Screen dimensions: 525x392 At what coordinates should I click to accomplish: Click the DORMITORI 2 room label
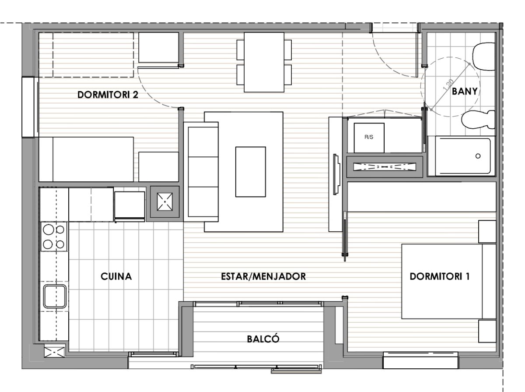108,95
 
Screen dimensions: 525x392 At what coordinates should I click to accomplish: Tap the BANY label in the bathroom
465,91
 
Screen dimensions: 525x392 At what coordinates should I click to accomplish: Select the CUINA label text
116,276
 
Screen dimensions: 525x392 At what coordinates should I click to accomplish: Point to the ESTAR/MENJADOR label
263,276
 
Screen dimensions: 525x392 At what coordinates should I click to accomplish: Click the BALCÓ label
263,339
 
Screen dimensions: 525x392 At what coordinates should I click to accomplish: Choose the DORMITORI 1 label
440,276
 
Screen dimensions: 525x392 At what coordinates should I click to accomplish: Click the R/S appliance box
369,138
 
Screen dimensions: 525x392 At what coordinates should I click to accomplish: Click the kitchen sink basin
55,296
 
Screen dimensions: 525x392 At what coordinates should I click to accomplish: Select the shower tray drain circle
478,156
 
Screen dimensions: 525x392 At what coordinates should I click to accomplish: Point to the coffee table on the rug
250,172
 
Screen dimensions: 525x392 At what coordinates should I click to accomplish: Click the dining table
264,62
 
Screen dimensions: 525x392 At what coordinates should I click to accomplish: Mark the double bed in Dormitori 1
449,281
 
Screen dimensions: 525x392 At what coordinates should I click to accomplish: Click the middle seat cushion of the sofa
203,172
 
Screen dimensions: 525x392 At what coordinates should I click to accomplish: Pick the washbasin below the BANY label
479,120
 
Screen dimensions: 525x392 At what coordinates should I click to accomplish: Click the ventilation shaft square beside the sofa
165,202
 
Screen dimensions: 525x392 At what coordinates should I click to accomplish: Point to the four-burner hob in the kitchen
54,237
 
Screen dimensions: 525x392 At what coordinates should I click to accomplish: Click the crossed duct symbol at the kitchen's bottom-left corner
54,353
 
